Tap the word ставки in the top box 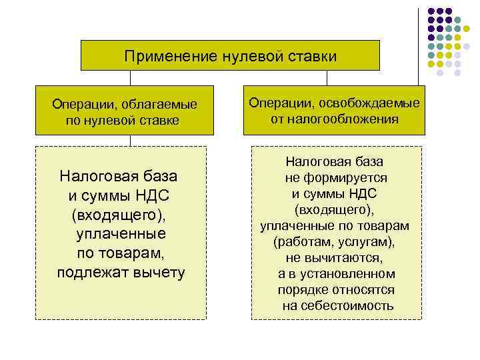[x=313, y=56]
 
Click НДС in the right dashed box [x=363, y=193]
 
